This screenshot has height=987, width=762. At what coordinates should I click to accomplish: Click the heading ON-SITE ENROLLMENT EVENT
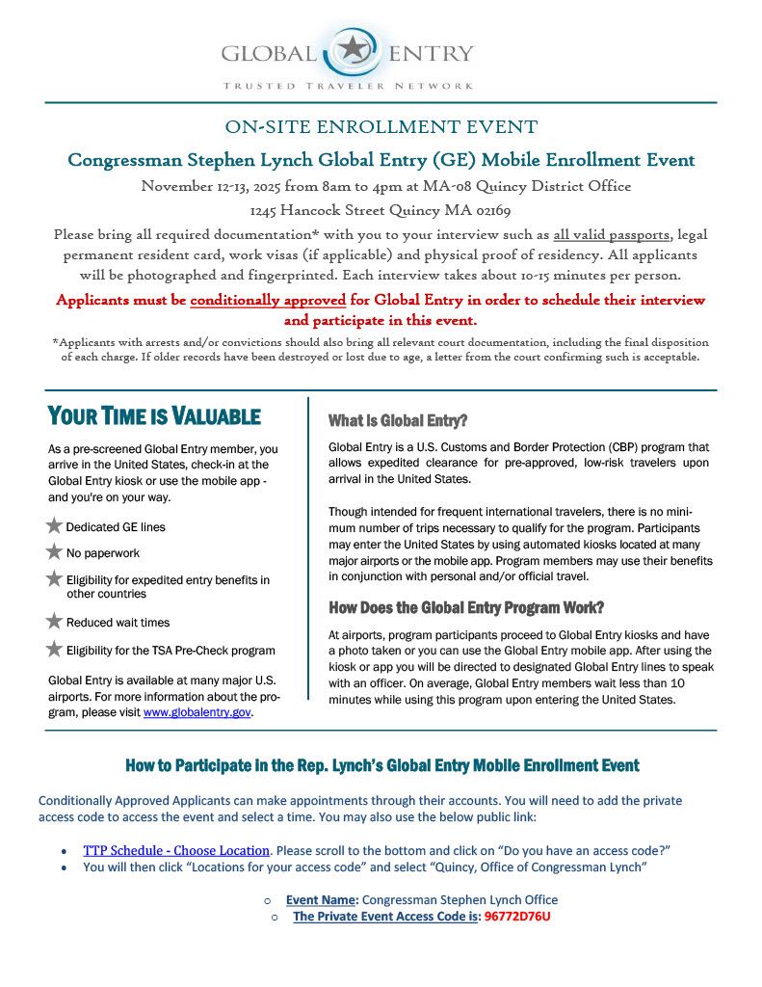381,127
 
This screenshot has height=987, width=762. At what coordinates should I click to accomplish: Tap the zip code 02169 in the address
491,210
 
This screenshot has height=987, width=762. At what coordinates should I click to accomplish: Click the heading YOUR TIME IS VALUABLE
154,416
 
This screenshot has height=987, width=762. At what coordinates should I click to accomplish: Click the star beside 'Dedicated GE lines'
55,526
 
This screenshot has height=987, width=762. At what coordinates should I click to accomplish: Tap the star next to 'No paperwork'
55,552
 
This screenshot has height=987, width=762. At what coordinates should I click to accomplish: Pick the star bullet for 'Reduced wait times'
55,622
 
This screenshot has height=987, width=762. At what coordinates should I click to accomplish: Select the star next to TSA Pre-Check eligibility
55,650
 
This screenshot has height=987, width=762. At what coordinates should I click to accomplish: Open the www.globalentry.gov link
197,713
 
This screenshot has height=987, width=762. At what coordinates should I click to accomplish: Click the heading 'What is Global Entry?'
398,420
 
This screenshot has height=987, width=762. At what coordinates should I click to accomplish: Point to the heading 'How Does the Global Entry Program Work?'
467,607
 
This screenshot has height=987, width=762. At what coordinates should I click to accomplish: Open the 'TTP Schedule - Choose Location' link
176,850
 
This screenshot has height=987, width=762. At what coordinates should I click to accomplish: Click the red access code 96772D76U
517,916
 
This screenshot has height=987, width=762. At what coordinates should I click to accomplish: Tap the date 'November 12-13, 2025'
216,186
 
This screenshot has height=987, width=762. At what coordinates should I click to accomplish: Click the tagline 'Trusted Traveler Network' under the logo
348,86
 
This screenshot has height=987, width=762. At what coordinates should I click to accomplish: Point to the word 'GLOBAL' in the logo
269,53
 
